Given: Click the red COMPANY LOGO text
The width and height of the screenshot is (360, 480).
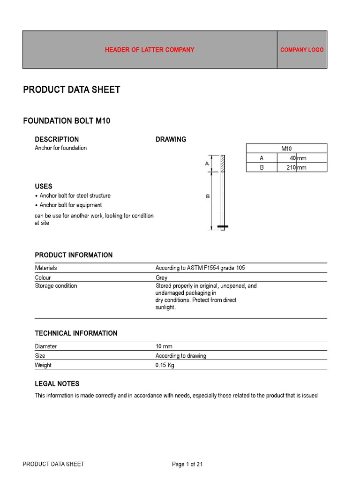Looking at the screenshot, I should click(x=301, y=50).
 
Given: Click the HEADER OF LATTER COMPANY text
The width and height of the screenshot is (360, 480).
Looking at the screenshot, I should click(x=150, y=50).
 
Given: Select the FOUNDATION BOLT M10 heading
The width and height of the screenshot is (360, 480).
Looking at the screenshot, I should click(x=67, y=121).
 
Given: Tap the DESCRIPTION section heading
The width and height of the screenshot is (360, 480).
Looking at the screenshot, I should click(x=57, y=139).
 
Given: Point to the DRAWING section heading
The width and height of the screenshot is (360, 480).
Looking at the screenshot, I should click(x=171, y=139).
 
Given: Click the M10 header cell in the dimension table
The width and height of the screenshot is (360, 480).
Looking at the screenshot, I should click(x=286, y=149).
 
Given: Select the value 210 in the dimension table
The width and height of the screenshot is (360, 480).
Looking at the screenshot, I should click(x=291, y=168).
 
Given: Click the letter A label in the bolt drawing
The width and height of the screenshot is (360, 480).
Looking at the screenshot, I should click(x=207, y=164).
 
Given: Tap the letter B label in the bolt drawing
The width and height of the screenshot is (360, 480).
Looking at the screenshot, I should click(x=208, y=197).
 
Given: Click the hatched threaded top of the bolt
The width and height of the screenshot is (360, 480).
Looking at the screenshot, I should click(x=223, y=163).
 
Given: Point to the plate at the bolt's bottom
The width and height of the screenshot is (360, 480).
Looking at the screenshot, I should click(x=223, y=227).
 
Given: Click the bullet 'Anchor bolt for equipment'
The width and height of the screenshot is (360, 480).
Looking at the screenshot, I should click(x=70, y=205).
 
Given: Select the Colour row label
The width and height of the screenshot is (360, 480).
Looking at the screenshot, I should click(x=43, y=277).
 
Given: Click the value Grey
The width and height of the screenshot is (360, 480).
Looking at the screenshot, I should click(x=162, y=277).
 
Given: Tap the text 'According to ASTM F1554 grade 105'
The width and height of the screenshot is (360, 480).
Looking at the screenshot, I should click(x=200, y=268).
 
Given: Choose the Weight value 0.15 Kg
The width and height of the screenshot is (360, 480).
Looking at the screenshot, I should click(x=165, y=365).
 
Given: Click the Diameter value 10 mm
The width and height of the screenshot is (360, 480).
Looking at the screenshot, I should click(x=164, y=346).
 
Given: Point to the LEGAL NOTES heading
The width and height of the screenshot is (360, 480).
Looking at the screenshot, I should click(x=57, y=383).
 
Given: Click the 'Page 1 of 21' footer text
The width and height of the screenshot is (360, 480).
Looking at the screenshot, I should click(x=187, y=464).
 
